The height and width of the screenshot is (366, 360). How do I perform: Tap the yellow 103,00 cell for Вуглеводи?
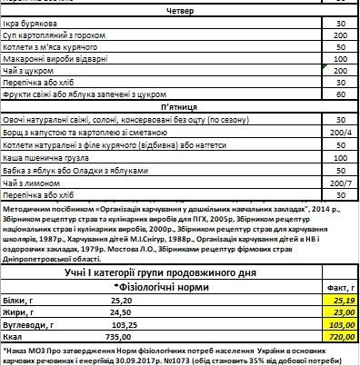(x=338, y=322)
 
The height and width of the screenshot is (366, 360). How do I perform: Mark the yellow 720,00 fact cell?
(x=338, y=335)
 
